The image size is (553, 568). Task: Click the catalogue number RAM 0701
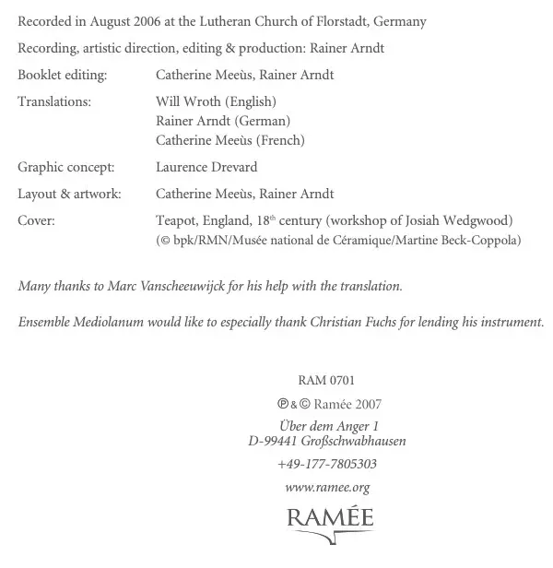pyautogui.click(x=326, y=380)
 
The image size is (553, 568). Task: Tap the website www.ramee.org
pyautogui.click(x=327, y=487)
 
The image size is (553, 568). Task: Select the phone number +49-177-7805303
pyautogui.click(x=327, y=464)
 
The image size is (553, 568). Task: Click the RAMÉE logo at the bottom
pyautogui.click(x=329, y=517)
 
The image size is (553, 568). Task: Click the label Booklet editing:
pyautogui.click(x=62, y=75)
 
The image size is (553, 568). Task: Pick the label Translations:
pyautogui.click(x=54, y=101)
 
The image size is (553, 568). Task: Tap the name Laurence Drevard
pyautogui.click(x=206, y=167)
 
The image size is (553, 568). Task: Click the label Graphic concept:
pyautogui.click(x=66, y=167)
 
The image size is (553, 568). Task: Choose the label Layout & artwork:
pyautogui.click(x=69, y=194)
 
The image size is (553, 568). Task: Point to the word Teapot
pyautogui.click(x=176, y=220)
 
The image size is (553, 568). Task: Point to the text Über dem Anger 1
pyautogui.click(x=329, y=426)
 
